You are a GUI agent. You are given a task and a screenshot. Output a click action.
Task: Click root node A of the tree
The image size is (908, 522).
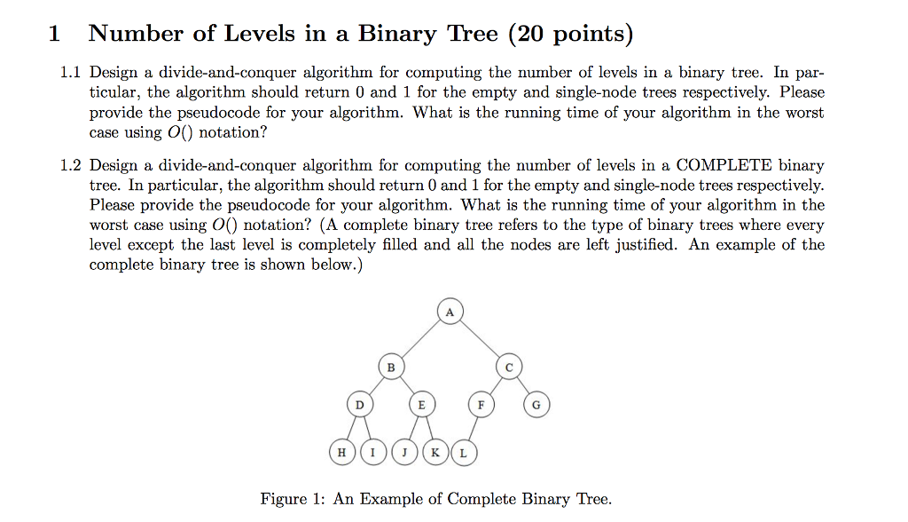(450, 312)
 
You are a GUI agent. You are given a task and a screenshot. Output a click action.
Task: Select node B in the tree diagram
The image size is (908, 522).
(391, 368)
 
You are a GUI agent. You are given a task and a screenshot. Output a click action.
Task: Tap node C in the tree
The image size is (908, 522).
(509, 368)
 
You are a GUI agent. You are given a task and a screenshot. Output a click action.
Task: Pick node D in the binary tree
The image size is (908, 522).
(360, 404)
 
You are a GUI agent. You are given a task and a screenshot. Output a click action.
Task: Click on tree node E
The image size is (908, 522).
(421, 404)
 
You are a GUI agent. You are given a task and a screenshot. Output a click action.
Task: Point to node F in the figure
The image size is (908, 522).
(481, 404)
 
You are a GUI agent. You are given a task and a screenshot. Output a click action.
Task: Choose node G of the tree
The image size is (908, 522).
(536, 404)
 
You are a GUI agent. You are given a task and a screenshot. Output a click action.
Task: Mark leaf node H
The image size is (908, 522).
(341, 453)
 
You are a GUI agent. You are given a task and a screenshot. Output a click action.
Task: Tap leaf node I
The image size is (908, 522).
(373, 453)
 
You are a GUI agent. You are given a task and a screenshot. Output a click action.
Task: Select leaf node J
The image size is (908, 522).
(404, 453)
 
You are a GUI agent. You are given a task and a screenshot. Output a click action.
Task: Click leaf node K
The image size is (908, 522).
(435, 453)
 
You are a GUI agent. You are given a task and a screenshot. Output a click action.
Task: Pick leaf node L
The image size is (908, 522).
(464, 453)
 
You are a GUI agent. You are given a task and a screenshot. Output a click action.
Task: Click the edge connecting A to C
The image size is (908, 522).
(480, 339)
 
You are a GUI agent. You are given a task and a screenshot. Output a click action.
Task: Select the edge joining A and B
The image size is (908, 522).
(420, 339)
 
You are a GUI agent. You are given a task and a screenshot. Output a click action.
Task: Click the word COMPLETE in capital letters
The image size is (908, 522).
(724, 165)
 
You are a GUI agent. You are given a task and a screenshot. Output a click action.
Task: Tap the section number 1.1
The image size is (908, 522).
(71, 73)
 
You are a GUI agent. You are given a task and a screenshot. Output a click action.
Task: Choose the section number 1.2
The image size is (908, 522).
(71, 165)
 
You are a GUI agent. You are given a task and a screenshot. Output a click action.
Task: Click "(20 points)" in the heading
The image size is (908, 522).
(570, 34)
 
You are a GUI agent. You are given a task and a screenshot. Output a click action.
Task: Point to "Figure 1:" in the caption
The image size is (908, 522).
(293, 500)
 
